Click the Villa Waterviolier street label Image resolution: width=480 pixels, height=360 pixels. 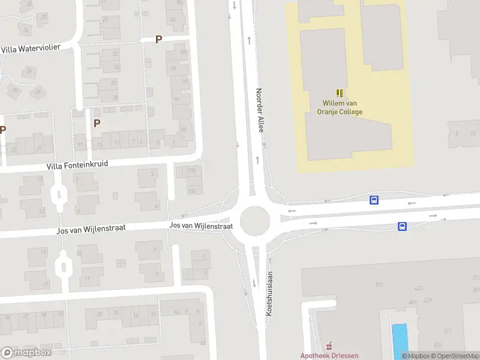point(31,48)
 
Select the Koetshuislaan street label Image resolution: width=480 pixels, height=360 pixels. point(269,293)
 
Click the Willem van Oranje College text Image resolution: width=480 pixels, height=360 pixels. point(342,107)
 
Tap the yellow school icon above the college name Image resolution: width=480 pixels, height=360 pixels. point(340,93)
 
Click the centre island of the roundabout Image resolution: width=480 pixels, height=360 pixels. point(254,221)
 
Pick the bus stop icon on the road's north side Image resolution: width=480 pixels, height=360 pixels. point(374,200)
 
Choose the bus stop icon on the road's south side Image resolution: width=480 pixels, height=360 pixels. point(402,226)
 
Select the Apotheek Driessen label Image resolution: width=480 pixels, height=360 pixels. point(329,355)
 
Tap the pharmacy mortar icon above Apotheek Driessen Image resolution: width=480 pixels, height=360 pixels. point(329,346)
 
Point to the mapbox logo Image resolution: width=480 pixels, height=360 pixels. point(26,353)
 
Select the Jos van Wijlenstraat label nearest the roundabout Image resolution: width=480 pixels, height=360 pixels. point(201,226)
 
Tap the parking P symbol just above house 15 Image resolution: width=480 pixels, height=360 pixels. point(96,123)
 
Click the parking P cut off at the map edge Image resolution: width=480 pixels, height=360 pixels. point(2,130)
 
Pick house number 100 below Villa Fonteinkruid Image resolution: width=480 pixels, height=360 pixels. point(192,171)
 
